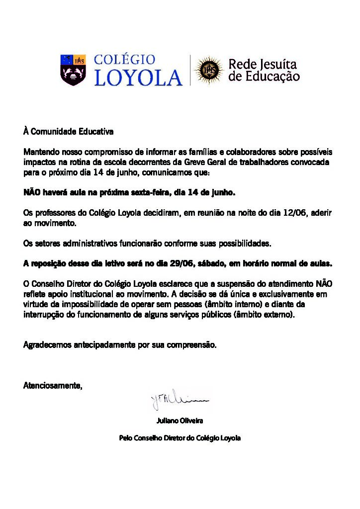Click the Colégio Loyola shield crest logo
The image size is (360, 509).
point(73,70)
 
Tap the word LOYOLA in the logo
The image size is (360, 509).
point(138,78)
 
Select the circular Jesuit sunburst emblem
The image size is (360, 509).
point(208,70)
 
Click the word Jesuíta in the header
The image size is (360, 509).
point(279,64)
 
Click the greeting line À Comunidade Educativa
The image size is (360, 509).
point(69,132)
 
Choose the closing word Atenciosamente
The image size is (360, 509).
point(53,385)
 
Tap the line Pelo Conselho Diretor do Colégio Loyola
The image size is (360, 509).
point(180,438)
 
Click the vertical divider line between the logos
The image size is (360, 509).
point(189,70)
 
